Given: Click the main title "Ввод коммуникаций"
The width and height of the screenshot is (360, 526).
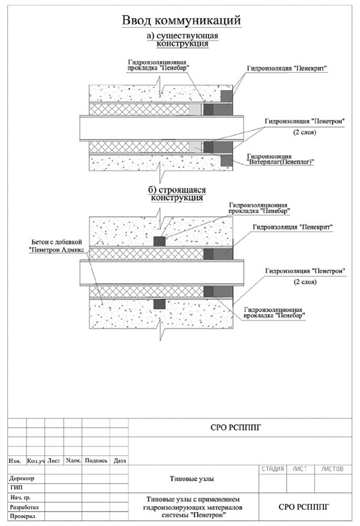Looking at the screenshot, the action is point(181,20).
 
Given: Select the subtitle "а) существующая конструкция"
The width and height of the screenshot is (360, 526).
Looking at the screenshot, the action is point(182,40).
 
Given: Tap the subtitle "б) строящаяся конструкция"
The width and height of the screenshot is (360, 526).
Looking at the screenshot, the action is point(177,193).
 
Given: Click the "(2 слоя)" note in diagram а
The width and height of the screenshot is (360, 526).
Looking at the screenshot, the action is point(305,132).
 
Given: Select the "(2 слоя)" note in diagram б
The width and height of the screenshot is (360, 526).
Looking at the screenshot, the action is point(305,282).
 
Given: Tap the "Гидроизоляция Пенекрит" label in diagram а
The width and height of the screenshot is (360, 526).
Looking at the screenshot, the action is point(287,68).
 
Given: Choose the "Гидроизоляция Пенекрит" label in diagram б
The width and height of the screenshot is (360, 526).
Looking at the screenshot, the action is point(293,227).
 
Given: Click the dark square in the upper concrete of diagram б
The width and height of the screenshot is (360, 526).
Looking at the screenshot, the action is point(160,241).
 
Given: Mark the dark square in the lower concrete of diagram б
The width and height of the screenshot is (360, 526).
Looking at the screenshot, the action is point(160,304).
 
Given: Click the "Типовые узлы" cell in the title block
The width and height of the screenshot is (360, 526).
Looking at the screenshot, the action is point(192,479).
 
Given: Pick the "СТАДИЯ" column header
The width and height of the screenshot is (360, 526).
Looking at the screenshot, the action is point(272,469).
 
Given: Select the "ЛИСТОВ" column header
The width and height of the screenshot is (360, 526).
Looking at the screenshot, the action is point(332,469).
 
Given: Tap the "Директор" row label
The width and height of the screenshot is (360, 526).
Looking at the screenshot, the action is point(22,478).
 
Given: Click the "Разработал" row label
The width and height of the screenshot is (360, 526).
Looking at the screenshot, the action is point(24,507).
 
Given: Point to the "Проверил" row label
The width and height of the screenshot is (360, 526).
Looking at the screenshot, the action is point(22,516).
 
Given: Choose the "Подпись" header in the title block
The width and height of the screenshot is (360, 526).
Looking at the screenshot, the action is point(96,461).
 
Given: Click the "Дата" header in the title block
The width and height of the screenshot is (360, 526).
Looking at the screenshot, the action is point(119,461).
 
